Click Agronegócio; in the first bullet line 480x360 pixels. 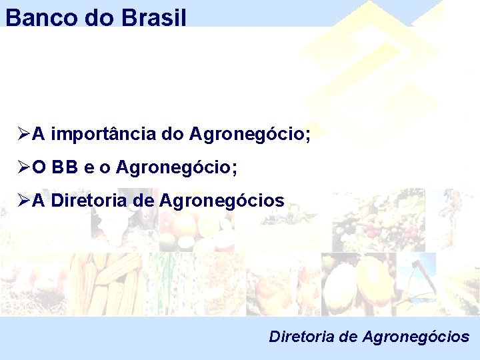[x=250, y=135]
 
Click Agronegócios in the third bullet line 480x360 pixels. [x=222, y=201]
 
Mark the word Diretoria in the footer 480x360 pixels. [x=302, y=337]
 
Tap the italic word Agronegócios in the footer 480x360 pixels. [x=416, y=337]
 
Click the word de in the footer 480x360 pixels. [x=348, y=337]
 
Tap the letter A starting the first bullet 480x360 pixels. [x=39, y=135]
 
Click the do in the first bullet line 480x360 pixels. [x=173, y=135]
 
